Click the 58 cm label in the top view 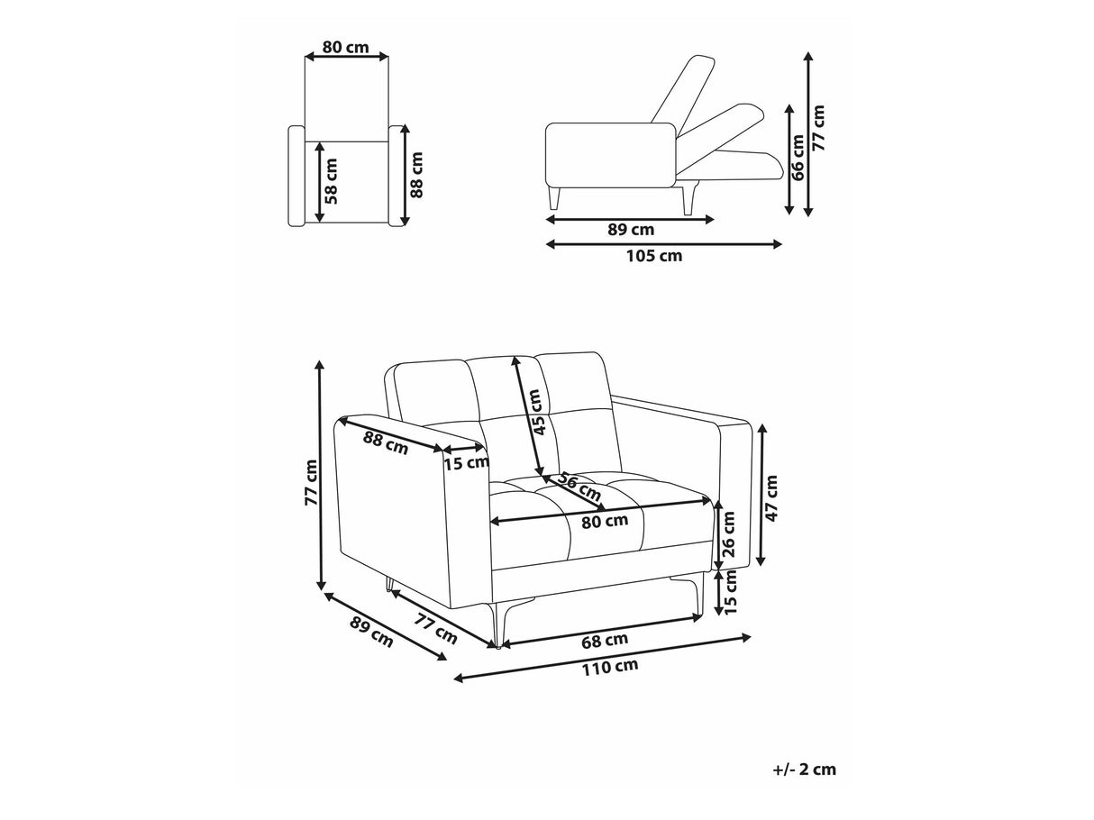[x=331, y=181]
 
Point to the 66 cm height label [x=798, y=157]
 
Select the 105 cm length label [x=654, y=256]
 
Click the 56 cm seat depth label [x=579, y=487]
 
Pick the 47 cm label [x=771, y=498]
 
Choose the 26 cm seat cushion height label [x=728, y=534]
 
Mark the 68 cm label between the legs [x=605, y=640]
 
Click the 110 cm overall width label [x=611, y=667]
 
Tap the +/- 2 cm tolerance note [x=804, y=770]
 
